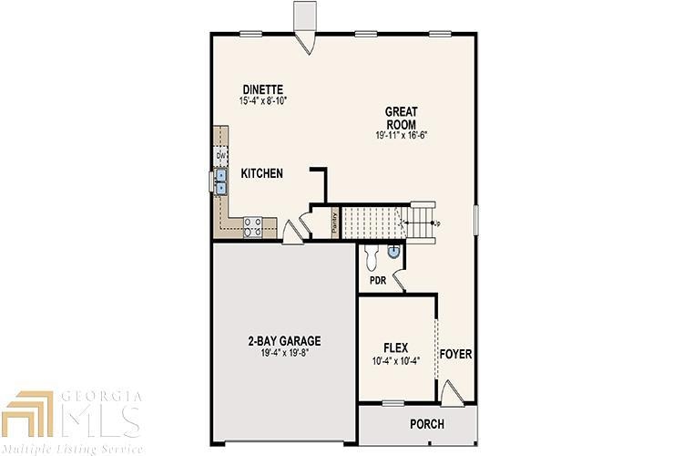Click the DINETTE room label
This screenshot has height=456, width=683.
263,88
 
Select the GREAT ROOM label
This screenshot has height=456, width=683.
401,118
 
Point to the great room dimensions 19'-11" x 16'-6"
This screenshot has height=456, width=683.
402,134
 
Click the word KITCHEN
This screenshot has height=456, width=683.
261,173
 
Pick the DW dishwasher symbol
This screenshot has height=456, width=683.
220,156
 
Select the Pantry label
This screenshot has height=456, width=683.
334,223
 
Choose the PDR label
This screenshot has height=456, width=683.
378,281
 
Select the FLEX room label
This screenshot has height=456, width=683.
395,347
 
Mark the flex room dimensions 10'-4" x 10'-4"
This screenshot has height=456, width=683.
395,360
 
